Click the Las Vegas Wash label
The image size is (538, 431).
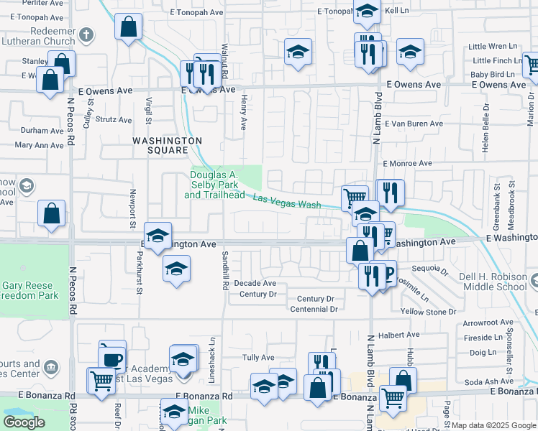(286, 202)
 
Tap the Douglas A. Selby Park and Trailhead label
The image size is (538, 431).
(214, 185)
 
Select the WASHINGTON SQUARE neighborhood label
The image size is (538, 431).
(167, 146)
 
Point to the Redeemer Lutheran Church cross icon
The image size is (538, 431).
(86, 34)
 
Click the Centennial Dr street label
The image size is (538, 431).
(314, 310)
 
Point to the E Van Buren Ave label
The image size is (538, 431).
(414, 124)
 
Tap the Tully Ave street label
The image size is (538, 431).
(258, 358)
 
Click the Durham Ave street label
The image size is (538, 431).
(42, 131)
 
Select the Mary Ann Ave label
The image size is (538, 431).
(40, 145)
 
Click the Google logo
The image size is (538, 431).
(24, 422)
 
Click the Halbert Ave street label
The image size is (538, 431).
(403, 335)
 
